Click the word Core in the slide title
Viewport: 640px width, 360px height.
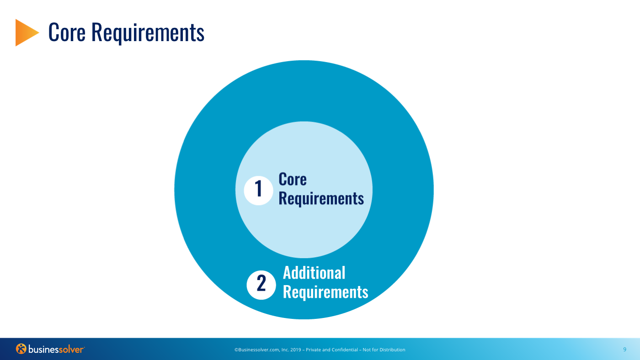click(x=67, y=32)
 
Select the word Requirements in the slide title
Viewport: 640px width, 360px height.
click(x=148, y=33)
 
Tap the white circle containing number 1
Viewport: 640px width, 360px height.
click(x=259, y=191)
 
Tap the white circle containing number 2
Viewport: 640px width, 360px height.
click(x=261, y=285)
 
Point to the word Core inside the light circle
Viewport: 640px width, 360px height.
click(x=293, y=179)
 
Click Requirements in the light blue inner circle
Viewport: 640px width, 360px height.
click(x=321, y=199)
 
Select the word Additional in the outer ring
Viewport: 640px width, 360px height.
click(x=314, y=273)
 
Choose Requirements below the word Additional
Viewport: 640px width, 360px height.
click(x=325, y=292)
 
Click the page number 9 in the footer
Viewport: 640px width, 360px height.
click(x=625, y=349)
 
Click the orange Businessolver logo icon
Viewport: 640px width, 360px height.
click(x=21, y=349)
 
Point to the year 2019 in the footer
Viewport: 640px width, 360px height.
click(x=296, y=350)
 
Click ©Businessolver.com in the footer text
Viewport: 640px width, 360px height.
click(x=257, y=350)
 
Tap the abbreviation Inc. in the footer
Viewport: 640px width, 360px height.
click(x=285, y=350)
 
